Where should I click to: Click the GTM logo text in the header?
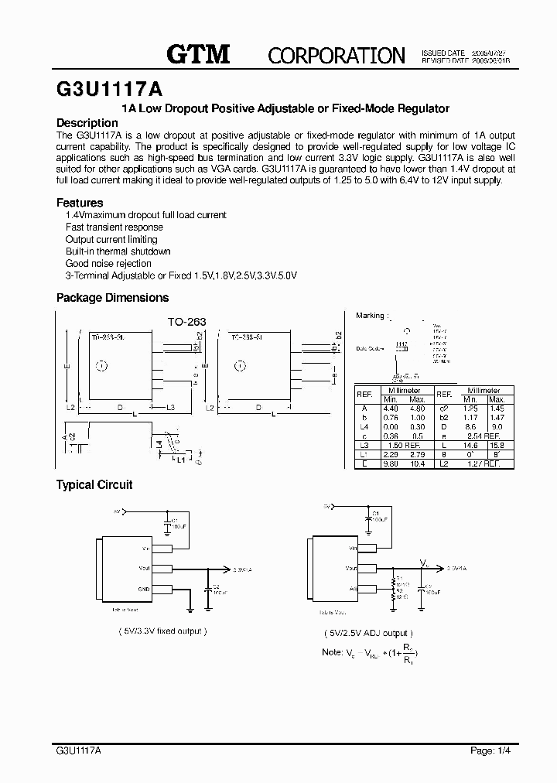click(199, 53)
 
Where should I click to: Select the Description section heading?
click(87, 123)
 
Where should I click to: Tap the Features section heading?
click(80, 203)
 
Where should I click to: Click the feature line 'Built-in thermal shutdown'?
click(118, 251)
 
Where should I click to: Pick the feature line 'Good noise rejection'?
click(108, 264)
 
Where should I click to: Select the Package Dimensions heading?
click(112, 298)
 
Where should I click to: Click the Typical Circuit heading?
click(94, 485)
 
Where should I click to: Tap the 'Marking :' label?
click(373, 316)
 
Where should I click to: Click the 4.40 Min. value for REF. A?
click(391, 408)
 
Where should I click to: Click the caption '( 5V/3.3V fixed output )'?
click(161, 631)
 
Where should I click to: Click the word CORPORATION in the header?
click(337, 55)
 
